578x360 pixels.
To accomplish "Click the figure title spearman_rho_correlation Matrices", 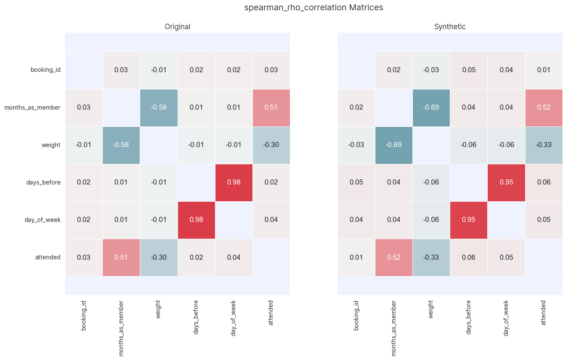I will [314, 8].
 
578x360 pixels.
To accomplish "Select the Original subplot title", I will [177, 27].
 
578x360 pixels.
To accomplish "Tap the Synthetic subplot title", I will [450, 27].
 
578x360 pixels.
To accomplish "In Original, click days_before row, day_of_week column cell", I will [234, 182].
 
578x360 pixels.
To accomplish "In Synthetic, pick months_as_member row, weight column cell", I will [431, 108].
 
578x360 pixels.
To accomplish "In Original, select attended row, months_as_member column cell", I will [121, 257].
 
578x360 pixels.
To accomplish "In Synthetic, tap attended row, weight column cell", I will [431, 257].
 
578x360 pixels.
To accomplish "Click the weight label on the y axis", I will [51, 145].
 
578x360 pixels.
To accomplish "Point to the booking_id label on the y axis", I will [45, 70].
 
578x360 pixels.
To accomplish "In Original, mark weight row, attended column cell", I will [271, 145].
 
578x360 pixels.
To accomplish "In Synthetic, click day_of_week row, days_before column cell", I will [468, 220].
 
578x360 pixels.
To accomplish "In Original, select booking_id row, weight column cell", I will [158, 70].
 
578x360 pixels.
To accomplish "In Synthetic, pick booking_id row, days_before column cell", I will [468, 70].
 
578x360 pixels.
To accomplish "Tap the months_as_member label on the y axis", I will [32, 108].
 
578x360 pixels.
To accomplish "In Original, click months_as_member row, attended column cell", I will [271, 108].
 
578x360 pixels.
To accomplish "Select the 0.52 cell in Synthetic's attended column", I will [543, 108].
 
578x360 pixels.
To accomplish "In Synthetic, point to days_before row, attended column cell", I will [543, 182].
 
